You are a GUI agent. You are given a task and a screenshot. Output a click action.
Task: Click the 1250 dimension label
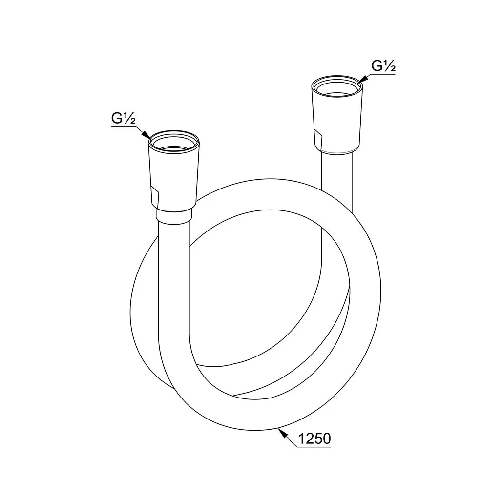[314, 439]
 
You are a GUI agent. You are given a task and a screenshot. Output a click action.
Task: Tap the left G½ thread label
[123, 118]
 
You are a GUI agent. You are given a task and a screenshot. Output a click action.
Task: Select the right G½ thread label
[383, 66]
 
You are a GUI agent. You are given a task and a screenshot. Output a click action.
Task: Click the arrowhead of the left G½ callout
[147, 135]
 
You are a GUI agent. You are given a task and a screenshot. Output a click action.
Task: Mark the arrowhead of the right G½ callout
[362, 79]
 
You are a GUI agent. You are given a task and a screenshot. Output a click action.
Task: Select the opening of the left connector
[174, 143]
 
